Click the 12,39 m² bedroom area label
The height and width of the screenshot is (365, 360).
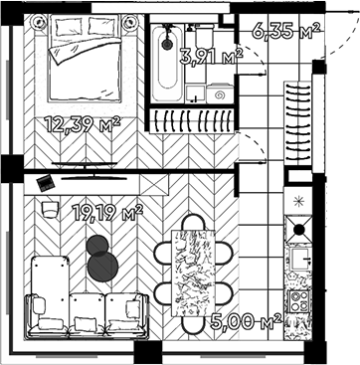83,123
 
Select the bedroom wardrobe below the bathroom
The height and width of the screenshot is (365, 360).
191,118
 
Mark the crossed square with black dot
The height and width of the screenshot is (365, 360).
296,233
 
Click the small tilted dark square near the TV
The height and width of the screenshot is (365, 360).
44,181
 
